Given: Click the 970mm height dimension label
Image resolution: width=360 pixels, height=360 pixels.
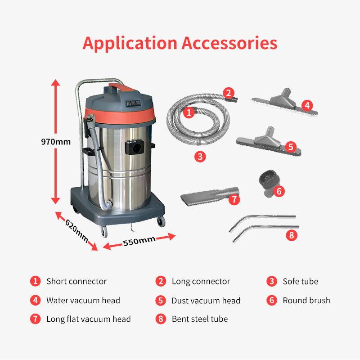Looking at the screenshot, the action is tap(56, 142).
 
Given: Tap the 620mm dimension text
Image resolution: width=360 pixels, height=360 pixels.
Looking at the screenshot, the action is tap(76, 231).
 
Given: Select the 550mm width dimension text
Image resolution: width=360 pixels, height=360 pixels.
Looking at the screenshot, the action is tap(139, 241).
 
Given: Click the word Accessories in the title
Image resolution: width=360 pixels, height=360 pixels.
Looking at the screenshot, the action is tap(229, 43).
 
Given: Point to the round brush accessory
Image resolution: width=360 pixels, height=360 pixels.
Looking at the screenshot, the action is tap(267, 183).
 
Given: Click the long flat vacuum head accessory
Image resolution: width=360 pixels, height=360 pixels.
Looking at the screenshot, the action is tap(209, 196).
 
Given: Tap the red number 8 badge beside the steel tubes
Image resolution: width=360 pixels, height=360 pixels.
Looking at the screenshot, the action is tap(292, 235).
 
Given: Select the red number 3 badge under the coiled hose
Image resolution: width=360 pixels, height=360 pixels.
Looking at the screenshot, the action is tap(200, 157).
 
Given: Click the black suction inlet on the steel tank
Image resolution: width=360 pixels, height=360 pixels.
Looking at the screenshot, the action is tap(135, 147).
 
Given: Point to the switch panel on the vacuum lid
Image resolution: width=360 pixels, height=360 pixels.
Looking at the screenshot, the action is tap(133, 103).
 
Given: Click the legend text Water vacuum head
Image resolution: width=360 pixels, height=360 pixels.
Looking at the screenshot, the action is tap(83, 300).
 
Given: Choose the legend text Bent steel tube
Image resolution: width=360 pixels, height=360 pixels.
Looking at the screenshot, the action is tap(200, 319).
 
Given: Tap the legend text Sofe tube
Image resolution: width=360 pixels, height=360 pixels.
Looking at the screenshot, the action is tap(300, 281).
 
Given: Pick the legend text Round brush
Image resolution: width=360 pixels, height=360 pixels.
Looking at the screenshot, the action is tap(306, 300).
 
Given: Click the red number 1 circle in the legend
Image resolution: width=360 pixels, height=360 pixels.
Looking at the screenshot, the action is tap(36, 281).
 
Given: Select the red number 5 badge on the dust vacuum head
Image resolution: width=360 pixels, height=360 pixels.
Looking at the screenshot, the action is tap(291, 147).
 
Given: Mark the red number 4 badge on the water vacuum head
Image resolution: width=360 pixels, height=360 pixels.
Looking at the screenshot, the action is tap(307, 105).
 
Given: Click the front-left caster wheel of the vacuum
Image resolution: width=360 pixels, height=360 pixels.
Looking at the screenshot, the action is tap(104, 231).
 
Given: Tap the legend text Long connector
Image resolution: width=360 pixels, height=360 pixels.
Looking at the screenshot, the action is tap(201, 282).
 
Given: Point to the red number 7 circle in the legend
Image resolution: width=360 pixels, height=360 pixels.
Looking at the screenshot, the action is tap(36, 319).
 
